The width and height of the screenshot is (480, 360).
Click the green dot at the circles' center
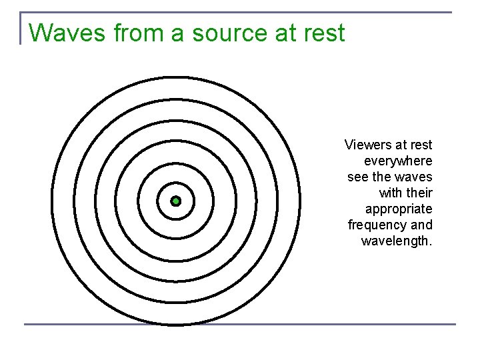pos(176,201)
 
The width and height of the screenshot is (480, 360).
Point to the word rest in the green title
pos(323,33)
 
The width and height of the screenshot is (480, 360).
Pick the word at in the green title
pos(287,33)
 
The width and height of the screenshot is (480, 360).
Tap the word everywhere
pos(398,161)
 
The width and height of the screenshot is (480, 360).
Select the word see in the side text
pos(357,177)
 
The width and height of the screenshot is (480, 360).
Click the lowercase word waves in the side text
pos(415,177)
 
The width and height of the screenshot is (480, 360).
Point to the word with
pos(391,193)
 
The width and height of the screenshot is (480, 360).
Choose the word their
pos(419,193)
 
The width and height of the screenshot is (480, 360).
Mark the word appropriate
pos(399,209)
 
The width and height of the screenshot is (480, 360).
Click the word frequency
pos(378,225)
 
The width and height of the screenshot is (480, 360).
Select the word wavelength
pos(397,241)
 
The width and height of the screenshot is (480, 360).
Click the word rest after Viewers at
pos(421,145)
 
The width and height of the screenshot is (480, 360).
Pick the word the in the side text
pos(383,177)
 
